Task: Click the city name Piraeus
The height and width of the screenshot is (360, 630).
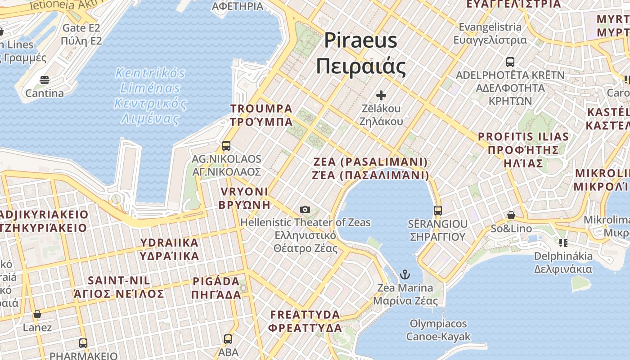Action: coord(360,40)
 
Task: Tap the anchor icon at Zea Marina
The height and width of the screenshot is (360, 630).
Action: coord(405,274)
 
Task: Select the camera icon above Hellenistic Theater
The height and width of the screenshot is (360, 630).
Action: coord(305,209)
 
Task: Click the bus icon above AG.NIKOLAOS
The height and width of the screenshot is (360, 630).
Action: coord(226,146)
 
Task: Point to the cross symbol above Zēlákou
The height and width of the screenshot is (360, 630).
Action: coord(381,95)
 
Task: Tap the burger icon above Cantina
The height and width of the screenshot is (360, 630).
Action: coord(44,80)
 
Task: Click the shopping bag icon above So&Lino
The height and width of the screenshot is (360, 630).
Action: coord(511,215)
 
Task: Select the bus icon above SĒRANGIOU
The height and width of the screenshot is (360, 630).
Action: coord(437,210)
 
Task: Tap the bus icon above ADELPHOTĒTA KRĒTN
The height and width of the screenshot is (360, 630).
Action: coord(510,62)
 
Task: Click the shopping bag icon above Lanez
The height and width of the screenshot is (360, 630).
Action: coord(37,314)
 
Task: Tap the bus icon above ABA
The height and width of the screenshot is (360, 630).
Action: coord(228,339)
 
